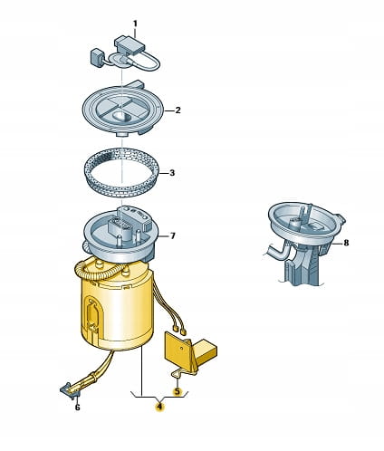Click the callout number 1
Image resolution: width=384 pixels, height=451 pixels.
pos(135,24)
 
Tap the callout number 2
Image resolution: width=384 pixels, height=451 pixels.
pos(178,110)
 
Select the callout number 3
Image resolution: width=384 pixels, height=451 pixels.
pos(172,173)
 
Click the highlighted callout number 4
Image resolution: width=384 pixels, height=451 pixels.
pos(159,407)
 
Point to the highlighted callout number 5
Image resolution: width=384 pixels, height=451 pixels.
pos(177,391)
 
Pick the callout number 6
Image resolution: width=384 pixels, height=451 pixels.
pos(77,408)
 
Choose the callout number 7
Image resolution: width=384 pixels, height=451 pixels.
pos(172,235)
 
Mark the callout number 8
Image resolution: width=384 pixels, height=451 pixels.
pos(346,243)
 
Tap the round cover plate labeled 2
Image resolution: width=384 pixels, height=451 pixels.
pos(122,110)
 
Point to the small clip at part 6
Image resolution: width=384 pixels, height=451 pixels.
pos(70,391)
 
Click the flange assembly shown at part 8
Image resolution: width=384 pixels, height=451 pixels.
pos(304,238)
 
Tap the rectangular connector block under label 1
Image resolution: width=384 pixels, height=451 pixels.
pos(130,46)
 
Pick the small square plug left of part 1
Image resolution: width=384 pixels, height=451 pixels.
pos(97,57)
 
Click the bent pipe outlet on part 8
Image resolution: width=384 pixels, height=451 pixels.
pos(276,251)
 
